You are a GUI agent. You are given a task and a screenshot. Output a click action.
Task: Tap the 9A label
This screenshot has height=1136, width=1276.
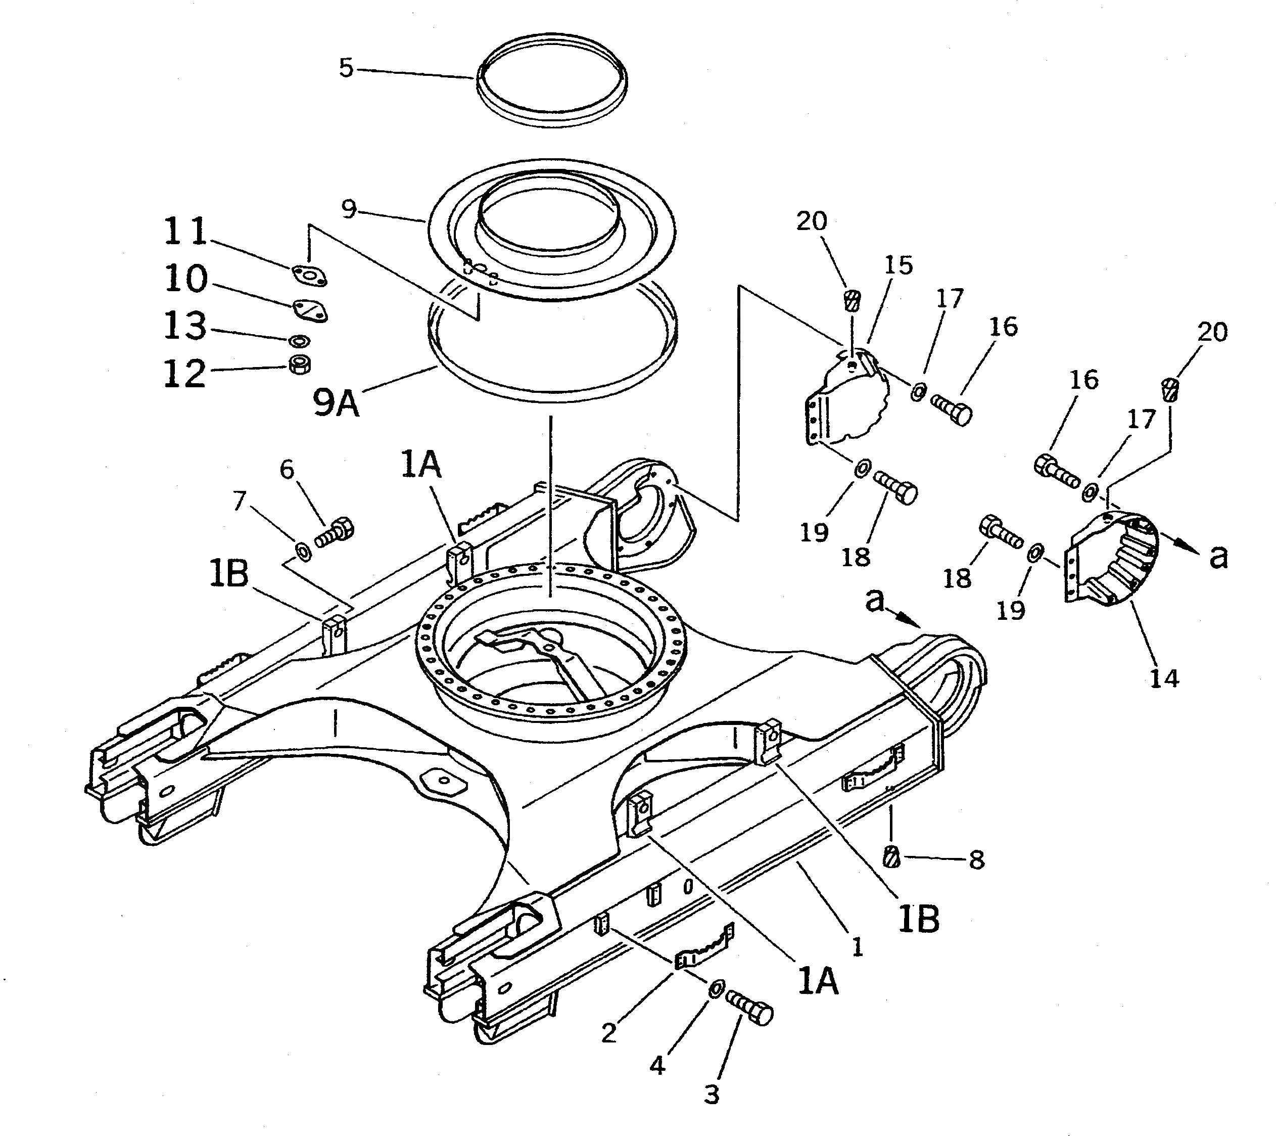point(336,404)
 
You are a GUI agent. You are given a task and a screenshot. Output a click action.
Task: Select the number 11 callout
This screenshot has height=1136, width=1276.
point(185,232)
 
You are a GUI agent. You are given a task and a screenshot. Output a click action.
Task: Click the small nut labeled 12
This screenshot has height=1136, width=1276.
point(301,364)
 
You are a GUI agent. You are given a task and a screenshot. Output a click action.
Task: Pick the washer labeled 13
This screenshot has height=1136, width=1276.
point(300,341)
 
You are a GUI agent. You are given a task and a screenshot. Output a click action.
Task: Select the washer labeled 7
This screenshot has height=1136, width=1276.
point(303,551)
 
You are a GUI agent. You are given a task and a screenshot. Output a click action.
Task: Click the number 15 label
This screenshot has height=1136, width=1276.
point(899,265)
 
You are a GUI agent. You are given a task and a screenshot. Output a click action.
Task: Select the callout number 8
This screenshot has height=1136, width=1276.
point(977,860)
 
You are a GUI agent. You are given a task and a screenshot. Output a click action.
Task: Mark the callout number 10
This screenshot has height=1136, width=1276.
point(185,279)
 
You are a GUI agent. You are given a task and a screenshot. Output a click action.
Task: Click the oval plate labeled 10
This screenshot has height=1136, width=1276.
point(310,310)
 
